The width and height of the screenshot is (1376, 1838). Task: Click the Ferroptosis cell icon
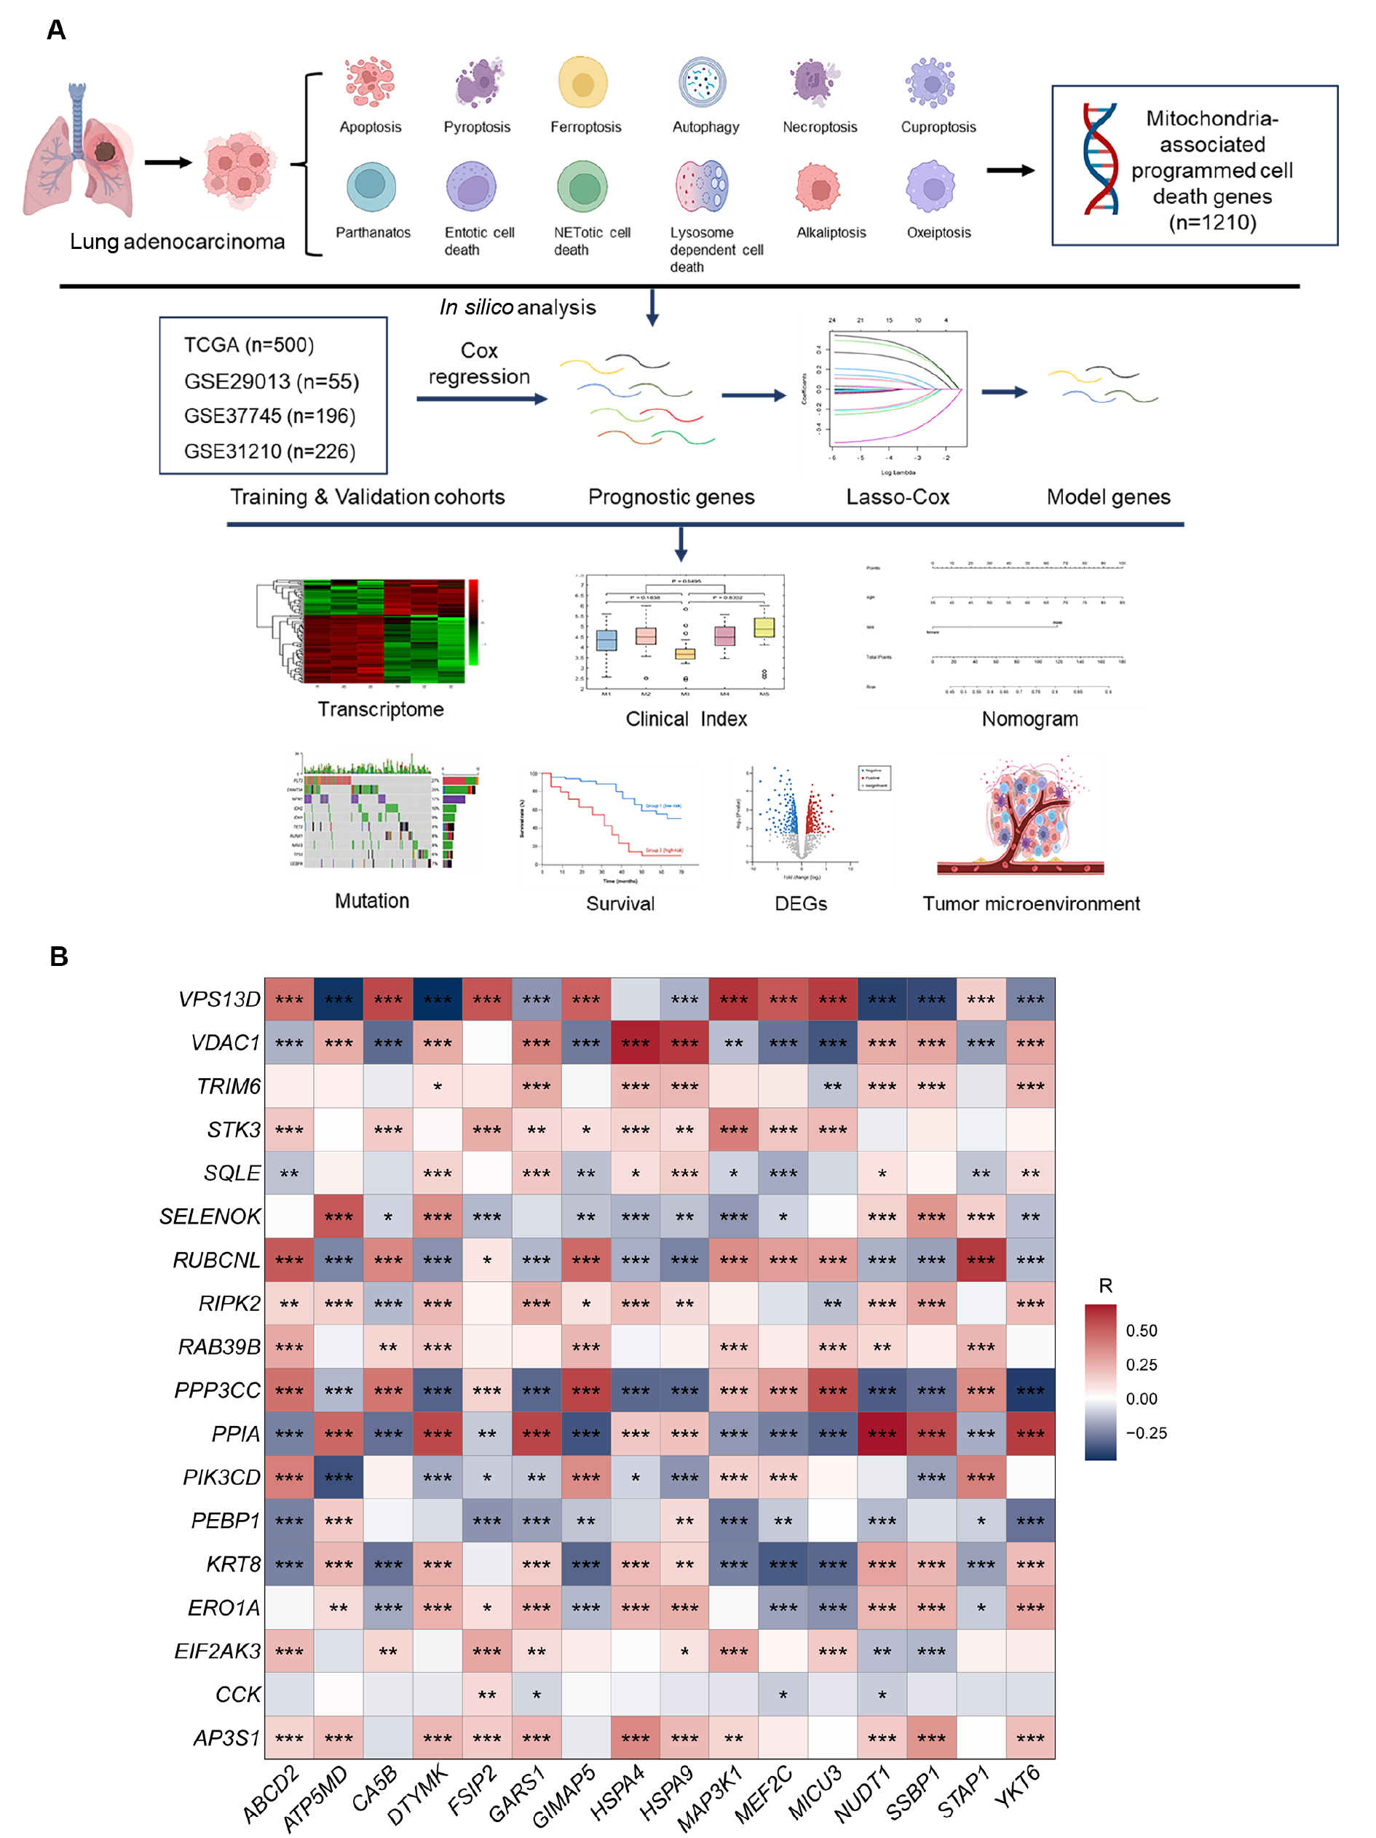coord(582,82)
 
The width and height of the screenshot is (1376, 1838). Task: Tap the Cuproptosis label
coord(938,127)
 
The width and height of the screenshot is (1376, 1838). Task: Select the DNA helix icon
coord(1099,159)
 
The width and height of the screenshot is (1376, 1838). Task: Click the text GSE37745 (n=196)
coord(269,416)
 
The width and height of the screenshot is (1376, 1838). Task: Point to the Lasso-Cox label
coord(898,497)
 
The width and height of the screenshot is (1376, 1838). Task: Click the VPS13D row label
coord(219,999)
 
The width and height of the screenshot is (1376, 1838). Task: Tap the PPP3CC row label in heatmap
coord(217,1390)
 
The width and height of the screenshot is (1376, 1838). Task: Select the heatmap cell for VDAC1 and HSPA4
coord(635,1043)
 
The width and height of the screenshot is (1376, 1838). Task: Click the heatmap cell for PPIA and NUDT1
coord(882,1433)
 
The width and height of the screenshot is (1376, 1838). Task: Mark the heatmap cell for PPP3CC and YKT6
coord(1030,1390)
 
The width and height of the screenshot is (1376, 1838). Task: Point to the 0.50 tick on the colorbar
coord(1141,1331)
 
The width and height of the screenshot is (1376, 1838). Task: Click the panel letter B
coord(58,956)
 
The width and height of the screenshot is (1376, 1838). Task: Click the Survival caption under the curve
coord(620,903)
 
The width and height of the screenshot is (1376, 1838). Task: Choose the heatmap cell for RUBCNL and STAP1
coord(981,1260)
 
